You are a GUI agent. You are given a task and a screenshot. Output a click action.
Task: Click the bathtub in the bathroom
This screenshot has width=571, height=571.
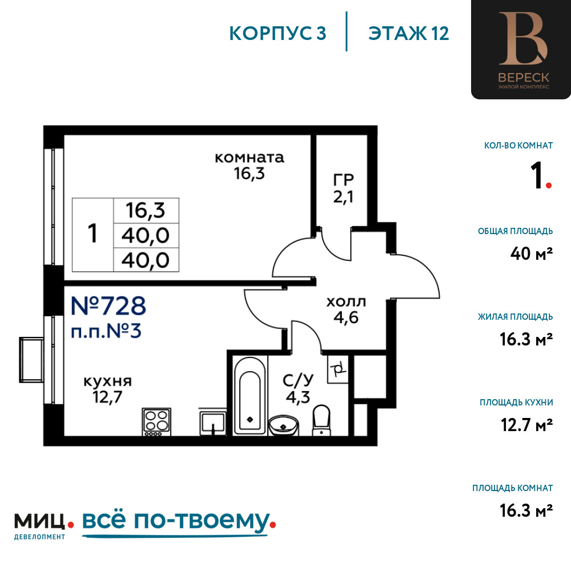tap(250, 396)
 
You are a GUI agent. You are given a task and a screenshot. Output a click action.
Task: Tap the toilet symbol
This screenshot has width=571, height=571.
tap(321, 420)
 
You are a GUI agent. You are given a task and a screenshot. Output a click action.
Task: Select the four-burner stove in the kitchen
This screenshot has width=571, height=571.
tap(156, 422)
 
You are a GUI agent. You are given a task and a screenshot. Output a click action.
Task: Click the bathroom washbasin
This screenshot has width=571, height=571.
tap(283, 425)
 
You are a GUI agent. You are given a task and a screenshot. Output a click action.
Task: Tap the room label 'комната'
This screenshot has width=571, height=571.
tap(250, 158)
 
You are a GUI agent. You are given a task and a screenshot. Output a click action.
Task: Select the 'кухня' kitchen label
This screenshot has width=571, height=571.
tap(107, 381)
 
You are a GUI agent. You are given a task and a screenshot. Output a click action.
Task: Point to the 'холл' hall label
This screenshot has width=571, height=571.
tap(346, 302)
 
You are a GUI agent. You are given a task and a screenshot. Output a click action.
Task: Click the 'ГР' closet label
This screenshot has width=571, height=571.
tap(343, 179)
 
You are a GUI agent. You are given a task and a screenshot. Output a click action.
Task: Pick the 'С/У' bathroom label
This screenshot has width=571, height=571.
tap(298, 380)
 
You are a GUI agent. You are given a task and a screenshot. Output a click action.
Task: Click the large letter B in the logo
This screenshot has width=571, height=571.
tap(523, 39)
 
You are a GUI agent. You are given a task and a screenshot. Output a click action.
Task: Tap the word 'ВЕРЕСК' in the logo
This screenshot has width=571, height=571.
tap(523, 78)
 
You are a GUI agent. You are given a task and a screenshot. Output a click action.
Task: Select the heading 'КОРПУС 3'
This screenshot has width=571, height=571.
tap(278, 34)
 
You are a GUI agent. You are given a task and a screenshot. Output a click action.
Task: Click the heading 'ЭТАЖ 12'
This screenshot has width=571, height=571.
tap(409, 34)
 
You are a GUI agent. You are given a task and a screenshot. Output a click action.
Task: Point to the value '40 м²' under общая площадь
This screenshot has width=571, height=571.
tap(531, 254)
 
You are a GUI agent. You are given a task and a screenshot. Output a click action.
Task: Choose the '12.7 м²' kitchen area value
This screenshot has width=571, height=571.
tap(526, 425)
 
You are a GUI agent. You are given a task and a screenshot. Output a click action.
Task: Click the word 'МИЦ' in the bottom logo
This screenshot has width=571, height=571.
tap(40, 521)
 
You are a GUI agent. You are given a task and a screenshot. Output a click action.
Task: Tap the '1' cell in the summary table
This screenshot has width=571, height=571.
tap(93, 234)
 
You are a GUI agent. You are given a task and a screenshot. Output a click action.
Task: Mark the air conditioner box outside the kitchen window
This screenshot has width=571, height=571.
tap(31, 360)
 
